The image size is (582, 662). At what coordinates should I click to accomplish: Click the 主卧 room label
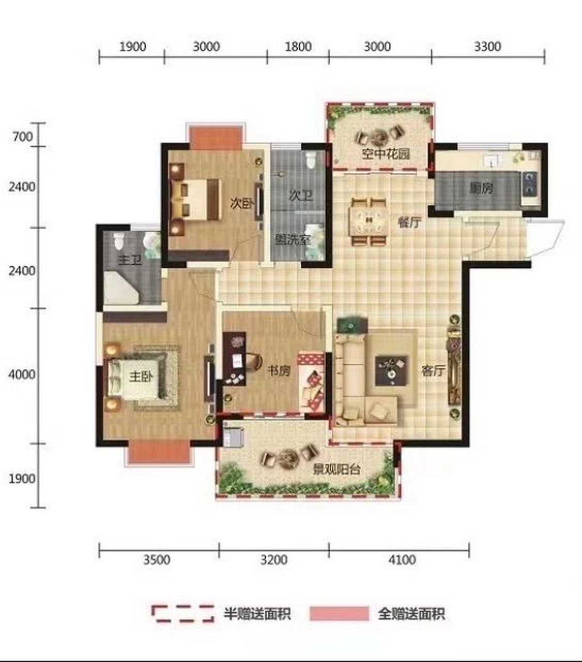click(x=141, y=377)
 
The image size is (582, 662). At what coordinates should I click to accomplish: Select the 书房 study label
click(x=279, y=370)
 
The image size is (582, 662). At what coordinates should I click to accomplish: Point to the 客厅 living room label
click(x=433, y=370)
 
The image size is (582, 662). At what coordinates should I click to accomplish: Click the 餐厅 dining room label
click(x=409, y=222)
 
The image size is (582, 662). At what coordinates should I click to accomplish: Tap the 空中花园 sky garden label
click(x=386, y=154)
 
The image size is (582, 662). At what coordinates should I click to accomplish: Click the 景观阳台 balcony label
click(x=336, y=470)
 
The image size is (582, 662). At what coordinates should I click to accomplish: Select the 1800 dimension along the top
click(x=298, y=47)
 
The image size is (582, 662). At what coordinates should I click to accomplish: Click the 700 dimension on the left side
click(x=23, y=137)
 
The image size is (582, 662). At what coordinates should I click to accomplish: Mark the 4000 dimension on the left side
click(x=22, y=374)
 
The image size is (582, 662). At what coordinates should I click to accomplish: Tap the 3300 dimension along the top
click(x=487, y=47)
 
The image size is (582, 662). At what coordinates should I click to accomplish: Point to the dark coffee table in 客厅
click(x=392, y=371)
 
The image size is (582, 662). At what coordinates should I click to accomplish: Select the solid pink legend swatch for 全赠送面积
click(x=339, y=613)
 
